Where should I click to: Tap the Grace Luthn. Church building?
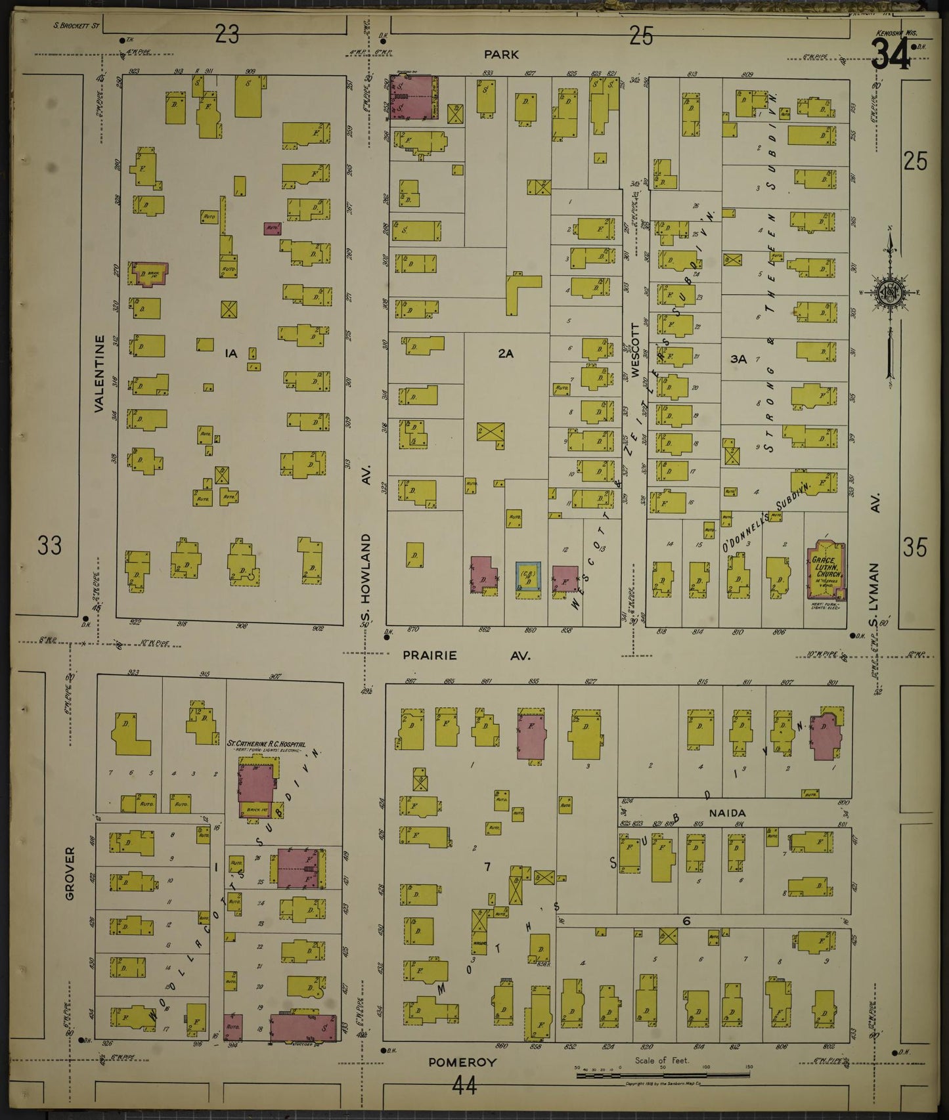[x=826, y=568]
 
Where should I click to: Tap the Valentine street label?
[x=99, y=374]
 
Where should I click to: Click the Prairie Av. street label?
[x=466, y=655]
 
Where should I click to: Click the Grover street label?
[x=70, y=872]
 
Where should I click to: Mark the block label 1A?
[x=230, y=354]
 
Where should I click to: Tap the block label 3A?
[x=738, y=359]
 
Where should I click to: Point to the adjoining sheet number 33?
[x=49, y=546]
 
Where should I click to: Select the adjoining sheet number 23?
[x=227, y=34]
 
